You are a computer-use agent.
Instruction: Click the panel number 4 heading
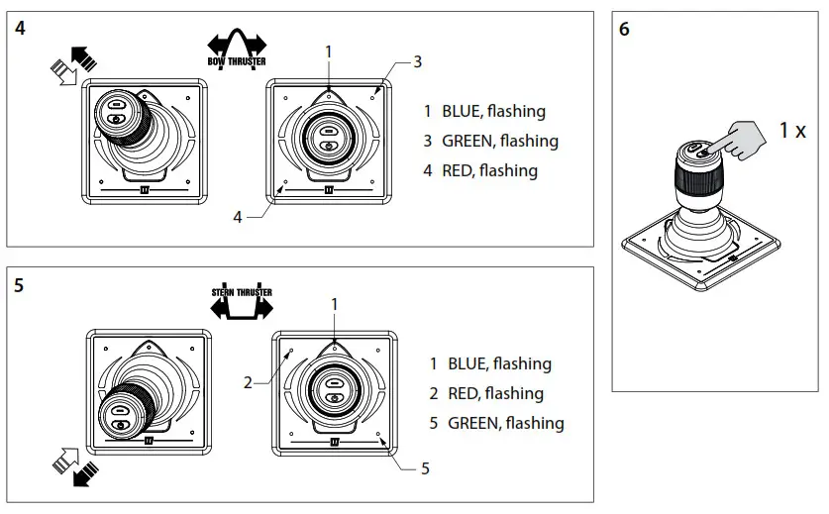click(x=21, y=29)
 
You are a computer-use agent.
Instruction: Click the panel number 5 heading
click(x=21, y=285)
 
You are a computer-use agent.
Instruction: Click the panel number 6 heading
click(x=624, y=29)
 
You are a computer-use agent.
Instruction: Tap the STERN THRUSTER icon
click(x=241, y=303)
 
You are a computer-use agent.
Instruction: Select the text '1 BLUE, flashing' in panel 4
click(x=483, y=112)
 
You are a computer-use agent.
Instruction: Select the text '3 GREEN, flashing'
click(x=490, y=141)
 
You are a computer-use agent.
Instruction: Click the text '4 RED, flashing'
click(x=479, y=170)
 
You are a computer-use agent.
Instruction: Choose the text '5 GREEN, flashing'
click(x=496, y=423)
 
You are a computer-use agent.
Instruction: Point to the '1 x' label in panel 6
click(x=791, y=130)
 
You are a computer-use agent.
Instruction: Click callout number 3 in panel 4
click(x=417, y=61)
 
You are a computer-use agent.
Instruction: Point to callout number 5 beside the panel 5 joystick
click(x=425, y=468)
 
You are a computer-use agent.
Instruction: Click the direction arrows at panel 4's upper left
click(x=75, y=67)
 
